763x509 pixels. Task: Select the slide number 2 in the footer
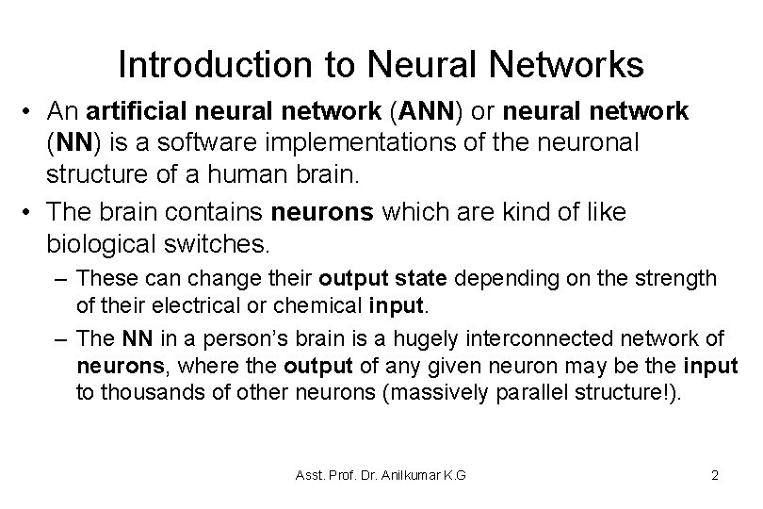click(716, 475)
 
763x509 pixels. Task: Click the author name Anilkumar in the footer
click(402, 475)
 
